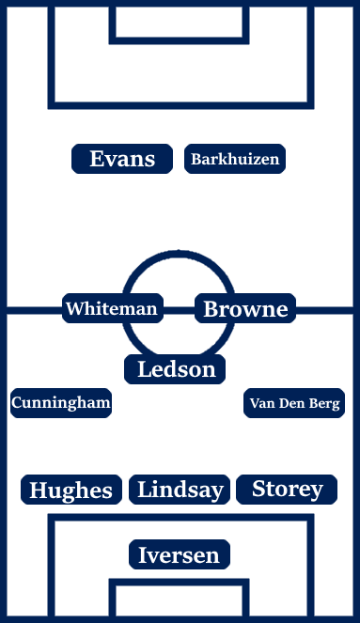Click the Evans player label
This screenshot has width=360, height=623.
point(122,159)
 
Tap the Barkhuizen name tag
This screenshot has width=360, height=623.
point(235,159)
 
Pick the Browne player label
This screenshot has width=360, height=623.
point(245,308)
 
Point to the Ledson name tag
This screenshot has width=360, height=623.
point(177,369)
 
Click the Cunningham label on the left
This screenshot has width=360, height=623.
point(61,403)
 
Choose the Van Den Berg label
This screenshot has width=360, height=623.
point(294,404)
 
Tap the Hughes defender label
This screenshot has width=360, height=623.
point(71,490)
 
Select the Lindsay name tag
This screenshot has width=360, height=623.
point(180,489)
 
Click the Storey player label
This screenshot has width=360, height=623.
point(288,489)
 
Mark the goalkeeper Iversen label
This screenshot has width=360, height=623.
point(179,554)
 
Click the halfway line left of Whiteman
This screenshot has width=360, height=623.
point(33,308)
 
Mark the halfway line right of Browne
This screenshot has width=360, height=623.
point(325,308)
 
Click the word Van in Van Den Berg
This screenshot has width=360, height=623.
point(262,404)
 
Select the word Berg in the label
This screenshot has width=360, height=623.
point(323,404)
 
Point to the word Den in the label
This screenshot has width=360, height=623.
point(290,404)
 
